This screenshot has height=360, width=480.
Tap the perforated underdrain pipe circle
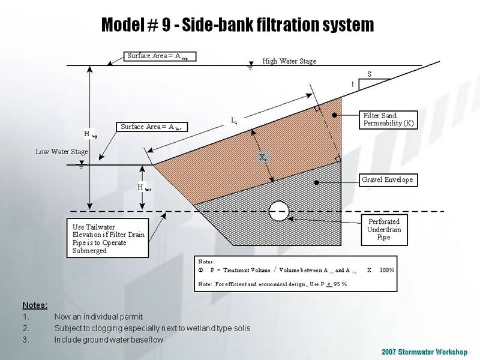click(x=279, y=211)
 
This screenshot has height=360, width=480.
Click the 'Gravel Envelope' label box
click(x=387, y=180)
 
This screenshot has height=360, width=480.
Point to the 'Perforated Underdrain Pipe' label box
click(x=384, y=229)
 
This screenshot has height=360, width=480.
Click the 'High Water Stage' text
click(x=289, y=61)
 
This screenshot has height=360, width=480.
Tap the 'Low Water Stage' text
click(x=62, y=152)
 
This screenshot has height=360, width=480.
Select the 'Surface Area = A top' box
click(x=160, y=56)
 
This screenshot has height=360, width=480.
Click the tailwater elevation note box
click(x=107, y=239)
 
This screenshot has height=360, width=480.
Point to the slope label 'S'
click(x=369, y=74)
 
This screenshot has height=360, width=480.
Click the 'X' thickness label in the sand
click(x=263, y=157)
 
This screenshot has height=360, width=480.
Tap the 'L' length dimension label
click(x=234, y=121)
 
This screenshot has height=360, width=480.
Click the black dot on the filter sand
click(x=339, y=115)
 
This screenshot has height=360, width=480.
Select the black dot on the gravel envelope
click(x=315, y=179)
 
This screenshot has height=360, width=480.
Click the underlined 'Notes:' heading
click(x=35, y=305)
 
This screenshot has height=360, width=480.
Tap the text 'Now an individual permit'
click(x=98, y=316)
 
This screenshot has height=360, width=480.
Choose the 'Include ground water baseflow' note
click(x=109, y=340)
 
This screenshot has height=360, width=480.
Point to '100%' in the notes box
click(x=387, y=270)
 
